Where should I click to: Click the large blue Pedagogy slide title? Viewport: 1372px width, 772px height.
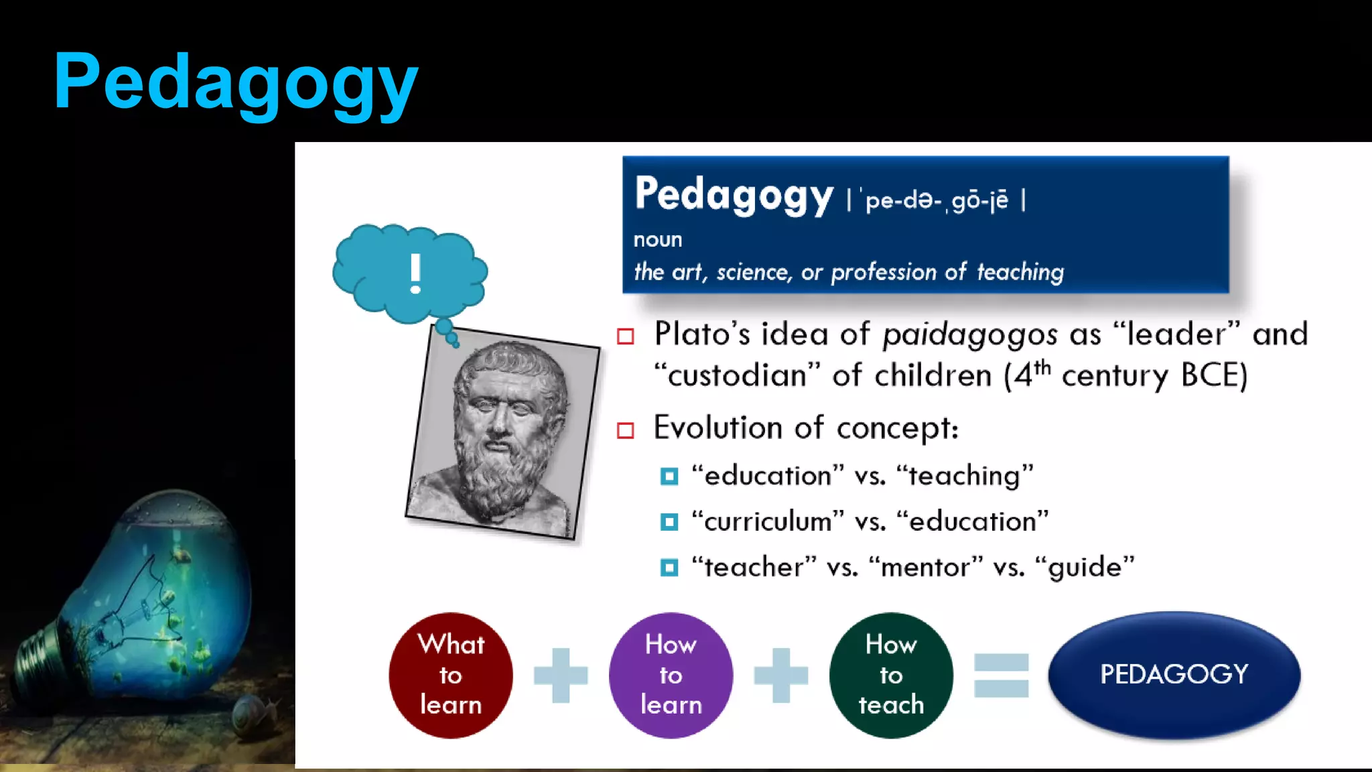tap(236, 82)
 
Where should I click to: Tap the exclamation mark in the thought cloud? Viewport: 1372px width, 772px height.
tap(415, 273)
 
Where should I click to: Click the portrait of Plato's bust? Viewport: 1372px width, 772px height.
tap(502, 433)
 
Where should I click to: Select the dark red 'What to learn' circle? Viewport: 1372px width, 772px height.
tap(451, 675)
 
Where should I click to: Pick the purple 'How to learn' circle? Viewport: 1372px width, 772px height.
tap(671, 675)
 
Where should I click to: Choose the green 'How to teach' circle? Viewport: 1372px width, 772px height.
tap(891, 675)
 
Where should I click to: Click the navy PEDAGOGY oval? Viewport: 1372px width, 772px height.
tap(1174, 674)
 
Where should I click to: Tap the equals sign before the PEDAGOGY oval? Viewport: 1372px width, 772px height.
tap(1001, 675)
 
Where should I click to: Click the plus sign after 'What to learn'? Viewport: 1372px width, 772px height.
tap(561, 675)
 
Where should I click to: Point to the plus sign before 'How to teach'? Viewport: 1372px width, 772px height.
tap(780, 675)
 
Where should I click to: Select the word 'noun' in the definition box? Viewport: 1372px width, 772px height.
tap(658, 239)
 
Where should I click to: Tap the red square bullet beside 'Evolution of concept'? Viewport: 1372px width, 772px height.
tap(626, 430)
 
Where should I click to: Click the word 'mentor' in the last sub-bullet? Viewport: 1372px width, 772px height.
tap(925, 568)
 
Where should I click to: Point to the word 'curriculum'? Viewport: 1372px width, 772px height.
tap(768, 521)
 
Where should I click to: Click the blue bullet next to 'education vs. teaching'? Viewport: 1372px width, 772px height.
tap(669, 476)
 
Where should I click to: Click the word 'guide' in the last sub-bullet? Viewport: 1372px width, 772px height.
tap(1085, 568)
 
